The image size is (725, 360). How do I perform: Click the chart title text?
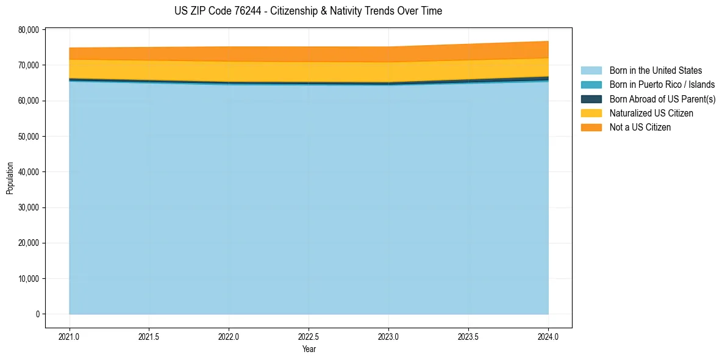[x=308, y=11]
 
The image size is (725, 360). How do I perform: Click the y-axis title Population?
[x=10, y=178]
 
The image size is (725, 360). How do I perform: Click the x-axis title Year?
[x=309, y=349]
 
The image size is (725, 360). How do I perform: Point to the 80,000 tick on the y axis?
[x=29, y=29]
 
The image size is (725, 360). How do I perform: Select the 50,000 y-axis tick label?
[x=29, y=136]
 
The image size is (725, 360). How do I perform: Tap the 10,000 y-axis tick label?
[x=29, y=278]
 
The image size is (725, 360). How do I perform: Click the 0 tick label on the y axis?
[x=37, y=314]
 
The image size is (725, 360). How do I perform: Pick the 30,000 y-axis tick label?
[x=29, y=207]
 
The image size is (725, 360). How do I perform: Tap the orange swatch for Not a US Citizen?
[x=591, y=128]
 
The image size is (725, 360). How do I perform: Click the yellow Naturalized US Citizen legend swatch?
[x=591, y=113]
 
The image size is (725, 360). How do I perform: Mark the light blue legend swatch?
[x=591, y=71]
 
